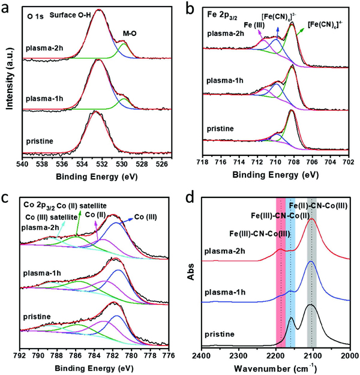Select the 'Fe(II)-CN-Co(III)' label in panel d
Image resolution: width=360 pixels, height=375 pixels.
(317, 206)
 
